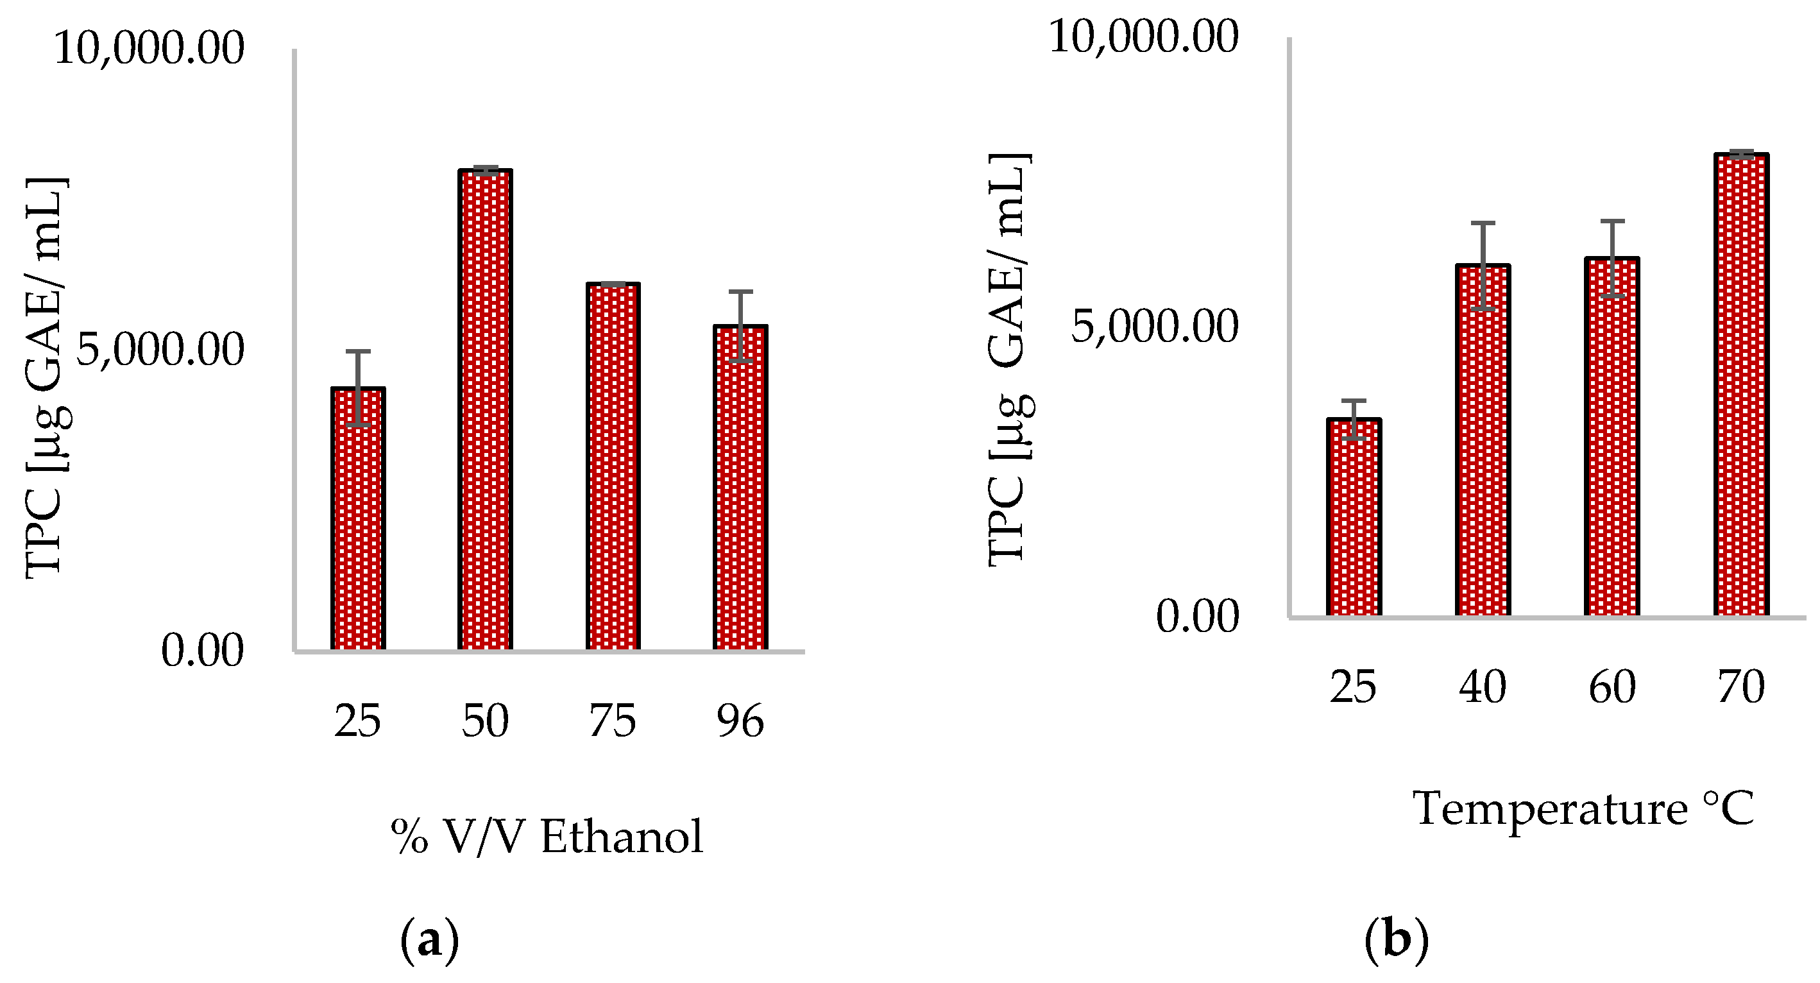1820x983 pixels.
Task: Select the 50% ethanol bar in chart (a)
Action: coord(485,410)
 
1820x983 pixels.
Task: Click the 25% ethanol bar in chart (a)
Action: coord(358,520)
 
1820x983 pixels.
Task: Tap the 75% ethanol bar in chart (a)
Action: coord(613,466)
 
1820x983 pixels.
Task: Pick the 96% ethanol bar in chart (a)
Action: coord(740,488)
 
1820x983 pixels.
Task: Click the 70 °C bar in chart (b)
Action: coord(1741,385)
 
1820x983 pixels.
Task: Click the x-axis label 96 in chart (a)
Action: coord(740,721)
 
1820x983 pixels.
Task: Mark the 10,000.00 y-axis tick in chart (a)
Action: coord(149,49)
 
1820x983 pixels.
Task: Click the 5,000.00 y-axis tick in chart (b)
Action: coord(1155,327)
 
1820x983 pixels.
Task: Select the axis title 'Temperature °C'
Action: coord(1583,808)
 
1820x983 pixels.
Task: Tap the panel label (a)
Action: coord(430,941)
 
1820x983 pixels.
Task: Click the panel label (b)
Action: coord(1396,941)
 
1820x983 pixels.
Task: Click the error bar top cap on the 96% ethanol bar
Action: coord(740,291)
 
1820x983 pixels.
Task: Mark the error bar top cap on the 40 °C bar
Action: coord(1483,223)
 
